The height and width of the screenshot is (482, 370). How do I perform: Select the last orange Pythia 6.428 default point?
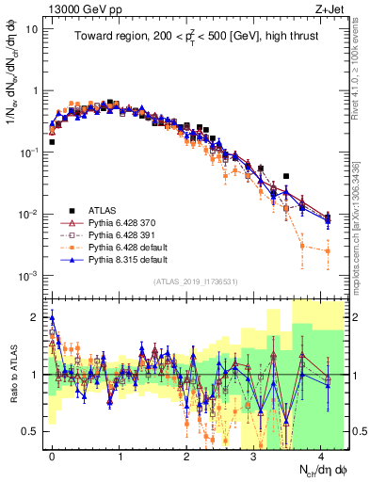(x=328, y=250)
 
